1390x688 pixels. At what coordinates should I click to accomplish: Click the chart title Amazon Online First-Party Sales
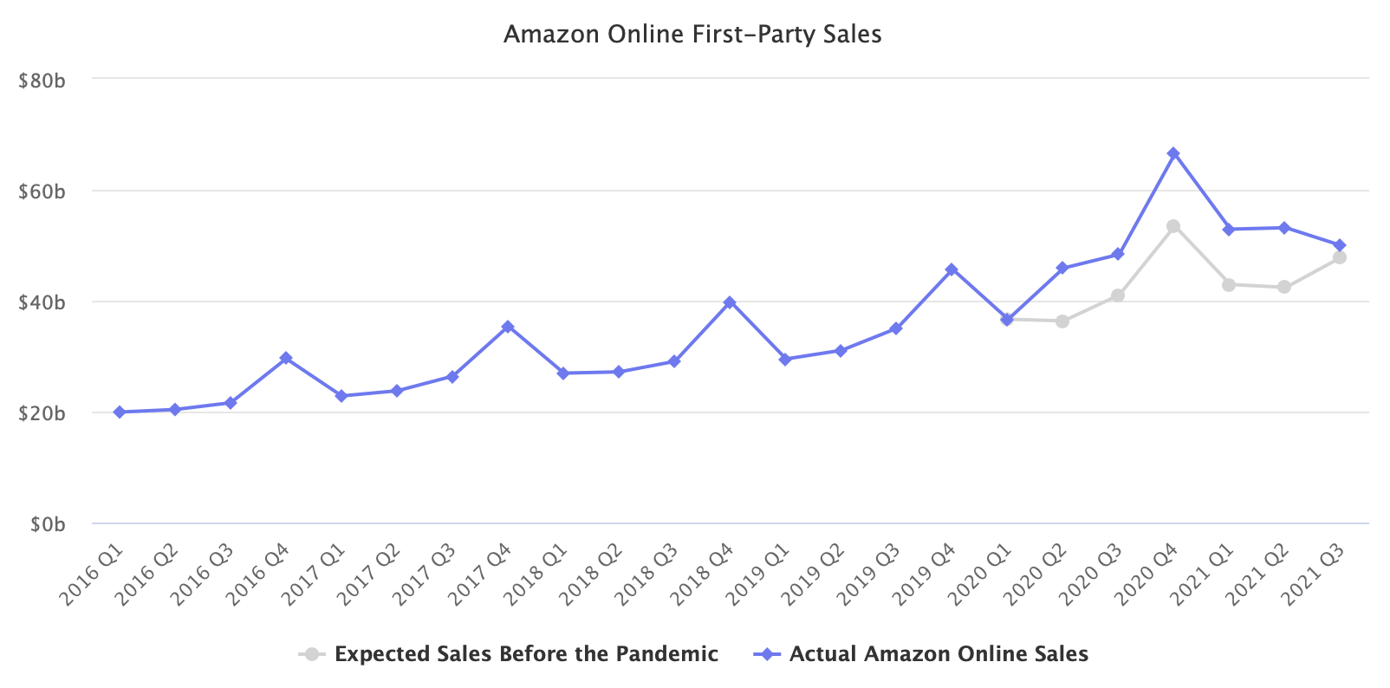coord(692,35)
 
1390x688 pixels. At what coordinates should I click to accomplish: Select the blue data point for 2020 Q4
coord(1173,153)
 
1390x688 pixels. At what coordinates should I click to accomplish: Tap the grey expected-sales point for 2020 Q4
coord(1173,226)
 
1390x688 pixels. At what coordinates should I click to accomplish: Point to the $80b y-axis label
coord(42,81)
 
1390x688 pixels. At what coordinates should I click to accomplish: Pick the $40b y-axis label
coord(42,302)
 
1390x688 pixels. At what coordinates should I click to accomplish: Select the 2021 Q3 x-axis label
coord(1314,574)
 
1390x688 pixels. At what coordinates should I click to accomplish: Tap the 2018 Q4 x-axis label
coord(704,574)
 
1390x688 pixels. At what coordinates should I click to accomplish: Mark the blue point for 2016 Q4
coord(286,358)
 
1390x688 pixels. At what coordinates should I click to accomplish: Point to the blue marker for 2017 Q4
coord(508,327)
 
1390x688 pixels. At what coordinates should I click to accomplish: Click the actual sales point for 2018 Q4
coord(730,302)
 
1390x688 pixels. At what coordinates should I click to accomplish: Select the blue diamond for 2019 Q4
coord(952,269)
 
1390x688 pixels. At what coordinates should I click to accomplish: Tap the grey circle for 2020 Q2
coord(1062,321)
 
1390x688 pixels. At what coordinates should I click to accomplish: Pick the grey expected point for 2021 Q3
coord(1340,257)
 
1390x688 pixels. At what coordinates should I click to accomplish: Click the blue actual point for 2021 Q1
coord(1229,230)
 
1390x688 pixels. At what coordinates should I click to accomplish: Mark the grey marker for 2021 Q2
coord(1284,287)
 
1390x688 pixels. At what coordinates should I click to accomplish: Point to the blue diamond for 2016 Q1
coord(120,412)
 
